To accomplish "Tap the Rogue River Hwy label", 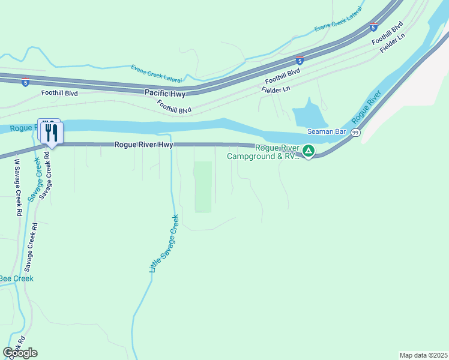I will tap(143, 145).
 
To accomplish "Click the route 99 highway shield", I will tap(356, 133).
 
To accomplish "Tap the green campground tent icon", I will tap(309, 151).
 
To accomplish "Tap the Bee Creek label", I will tap(16, 278).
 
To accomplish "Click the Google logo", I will tap(20, 353).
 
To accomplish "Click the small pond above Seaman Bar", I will tap(308, 113).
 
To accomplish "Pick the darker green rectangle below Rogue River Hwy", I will tap(203, 186).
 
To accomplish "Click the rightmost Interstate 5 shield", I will tap(373, 27).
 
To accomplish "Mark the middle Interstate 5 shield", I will tap(300, 61).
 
